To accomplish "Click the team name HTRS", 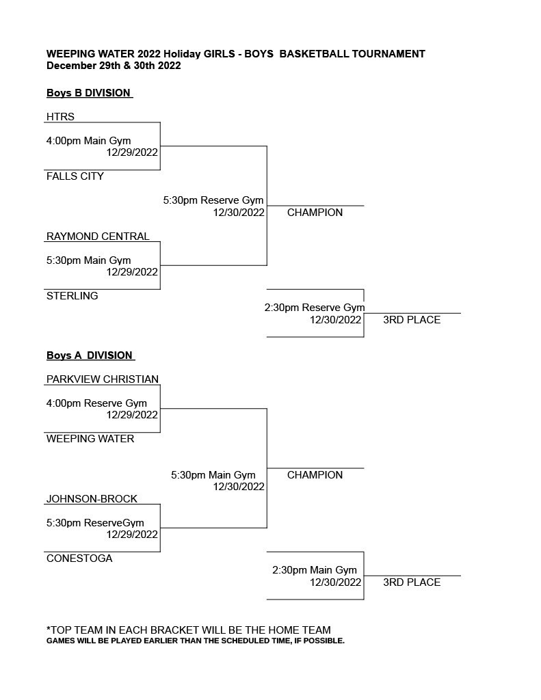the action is [x=60, y=116].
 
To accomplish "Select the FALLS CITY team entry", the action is [x=75, y=176].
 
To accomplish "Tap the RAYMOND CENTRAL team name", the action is [x=98, y=236].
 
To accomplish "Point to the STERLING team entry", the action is [x=72, y=296].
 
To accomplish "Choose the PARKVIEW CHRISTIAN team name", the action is [x=103, y=379].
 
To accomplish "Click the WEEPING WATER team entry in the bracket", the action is [x=90, y=439].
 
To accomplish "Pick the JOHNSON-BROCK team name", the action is [x=92, y=498].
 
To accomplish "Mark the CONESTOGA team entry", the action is [x=79, y=558].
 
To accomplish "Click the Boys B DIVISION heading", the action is [x=88, y=93].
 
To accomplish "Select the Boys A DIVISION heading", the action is [x=90, y=355].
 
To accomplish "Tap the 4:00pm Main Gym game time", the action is [x=88, y=141].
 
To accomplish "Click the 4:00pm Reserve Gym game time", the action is [x=96, y=403].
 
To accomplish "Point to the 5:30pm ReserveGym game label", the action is [x=95, y=523].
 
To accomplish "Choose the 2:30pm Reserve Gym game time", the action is [x=315, y=308].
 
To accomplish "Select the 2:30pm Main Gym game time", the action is [x=315, y=570].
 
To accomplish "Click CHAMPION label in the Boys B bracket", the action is [x=315, y=213].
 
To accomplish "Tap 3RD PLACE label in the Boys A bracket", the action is [x=412, y=582].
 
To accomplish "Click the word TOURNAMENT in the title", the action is [x=388, y=54].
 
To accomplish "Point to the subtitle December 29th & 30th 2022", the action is [x=114, y=66].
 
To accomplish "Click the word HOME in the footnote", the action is [x=283, y=630].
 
